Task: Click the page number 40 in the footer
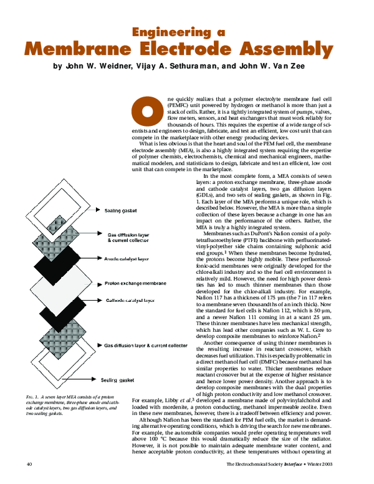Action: click(29, 464)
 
